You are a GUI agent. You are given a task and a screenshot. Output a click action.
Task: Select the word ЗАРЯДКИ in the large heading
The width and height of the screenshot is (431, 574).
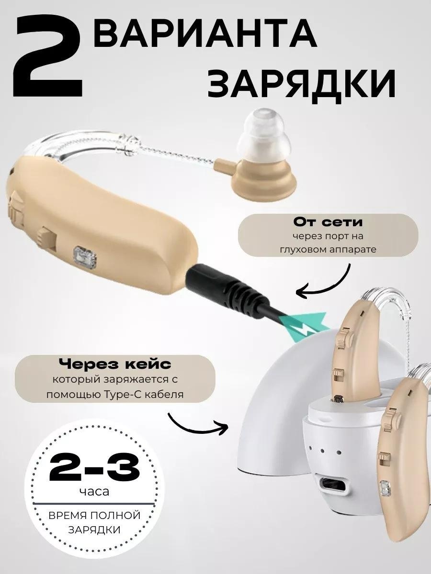[300, 83]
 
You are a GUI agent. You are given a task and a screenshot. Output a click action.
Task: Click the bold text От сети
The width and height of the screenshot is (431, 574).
[328, 222]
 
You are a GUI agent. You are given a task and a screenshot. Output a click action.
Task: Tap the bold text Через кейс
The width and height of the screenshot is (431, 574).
[114, 364]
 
